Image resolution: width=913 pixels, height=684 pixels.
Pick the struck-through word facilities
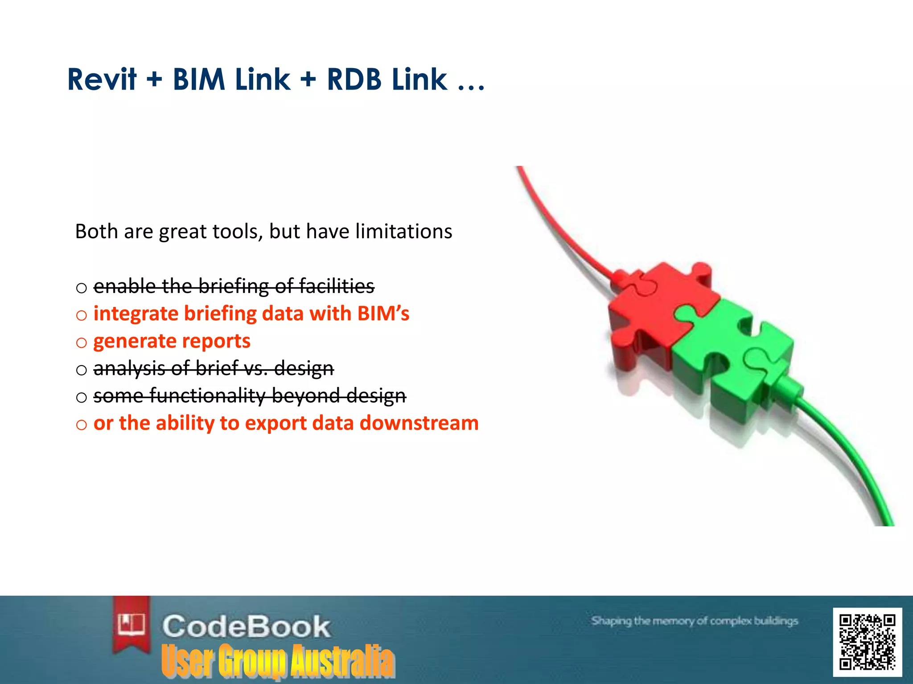point(337,286)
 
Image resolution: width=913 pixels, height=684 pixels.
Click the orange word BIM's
point(383,313)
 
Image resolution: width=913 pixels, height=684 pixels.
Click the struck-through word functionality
point(208,395)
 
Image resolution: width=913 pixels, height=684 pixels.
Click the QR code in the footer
point(867,642)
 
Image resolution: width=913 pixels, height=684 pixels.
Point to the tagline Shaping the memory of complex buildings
point(694,621)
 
